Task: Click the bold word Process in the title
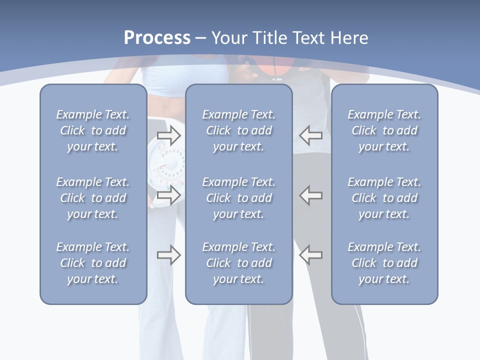point(157,38)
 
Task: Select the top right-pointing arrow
point(168,135)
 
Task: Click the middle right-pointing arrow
point(168,195)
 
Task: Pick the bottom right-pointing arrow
point(168,255)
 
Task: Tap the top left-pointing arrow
point(310,135)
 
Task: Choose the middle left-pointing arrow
point(310,195)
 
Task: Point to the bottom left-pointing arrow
point(310,255)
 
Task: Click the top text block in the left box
point(93,130)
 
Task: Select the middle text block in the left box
point(93,198)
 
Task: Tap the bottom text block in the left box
point(93,263)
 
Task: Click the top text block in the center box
point(238,130)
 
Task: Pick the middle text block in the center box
point(238,198)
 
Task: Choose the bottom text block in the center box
point(238,263)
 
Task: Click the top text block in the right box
point(384,130)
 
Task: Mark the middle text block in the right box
point(384,198)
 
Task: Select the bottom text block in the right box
point(384,263)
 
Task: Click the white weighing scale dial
point(167,165)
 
